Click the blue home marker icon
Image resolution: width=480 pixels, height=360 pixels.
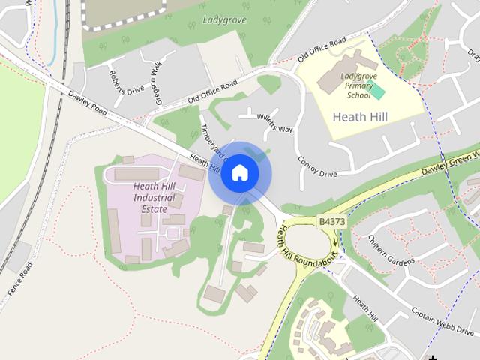click(x=239, y=173)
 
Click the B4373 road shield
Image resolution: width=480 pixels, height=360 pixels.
click(x=332, y=222)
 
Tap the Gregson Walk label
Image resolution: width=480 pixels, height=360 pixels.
click(x=156, y=75)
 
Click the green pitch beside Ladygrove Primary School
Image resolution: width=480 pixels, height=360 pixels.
click(x=377, y=91)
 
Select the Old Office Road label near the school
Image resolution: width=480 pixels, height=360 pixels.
click(x=322, y=47)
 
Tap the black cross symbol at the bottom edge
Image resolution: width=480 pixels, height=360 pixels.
click(x=433, y=356)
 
